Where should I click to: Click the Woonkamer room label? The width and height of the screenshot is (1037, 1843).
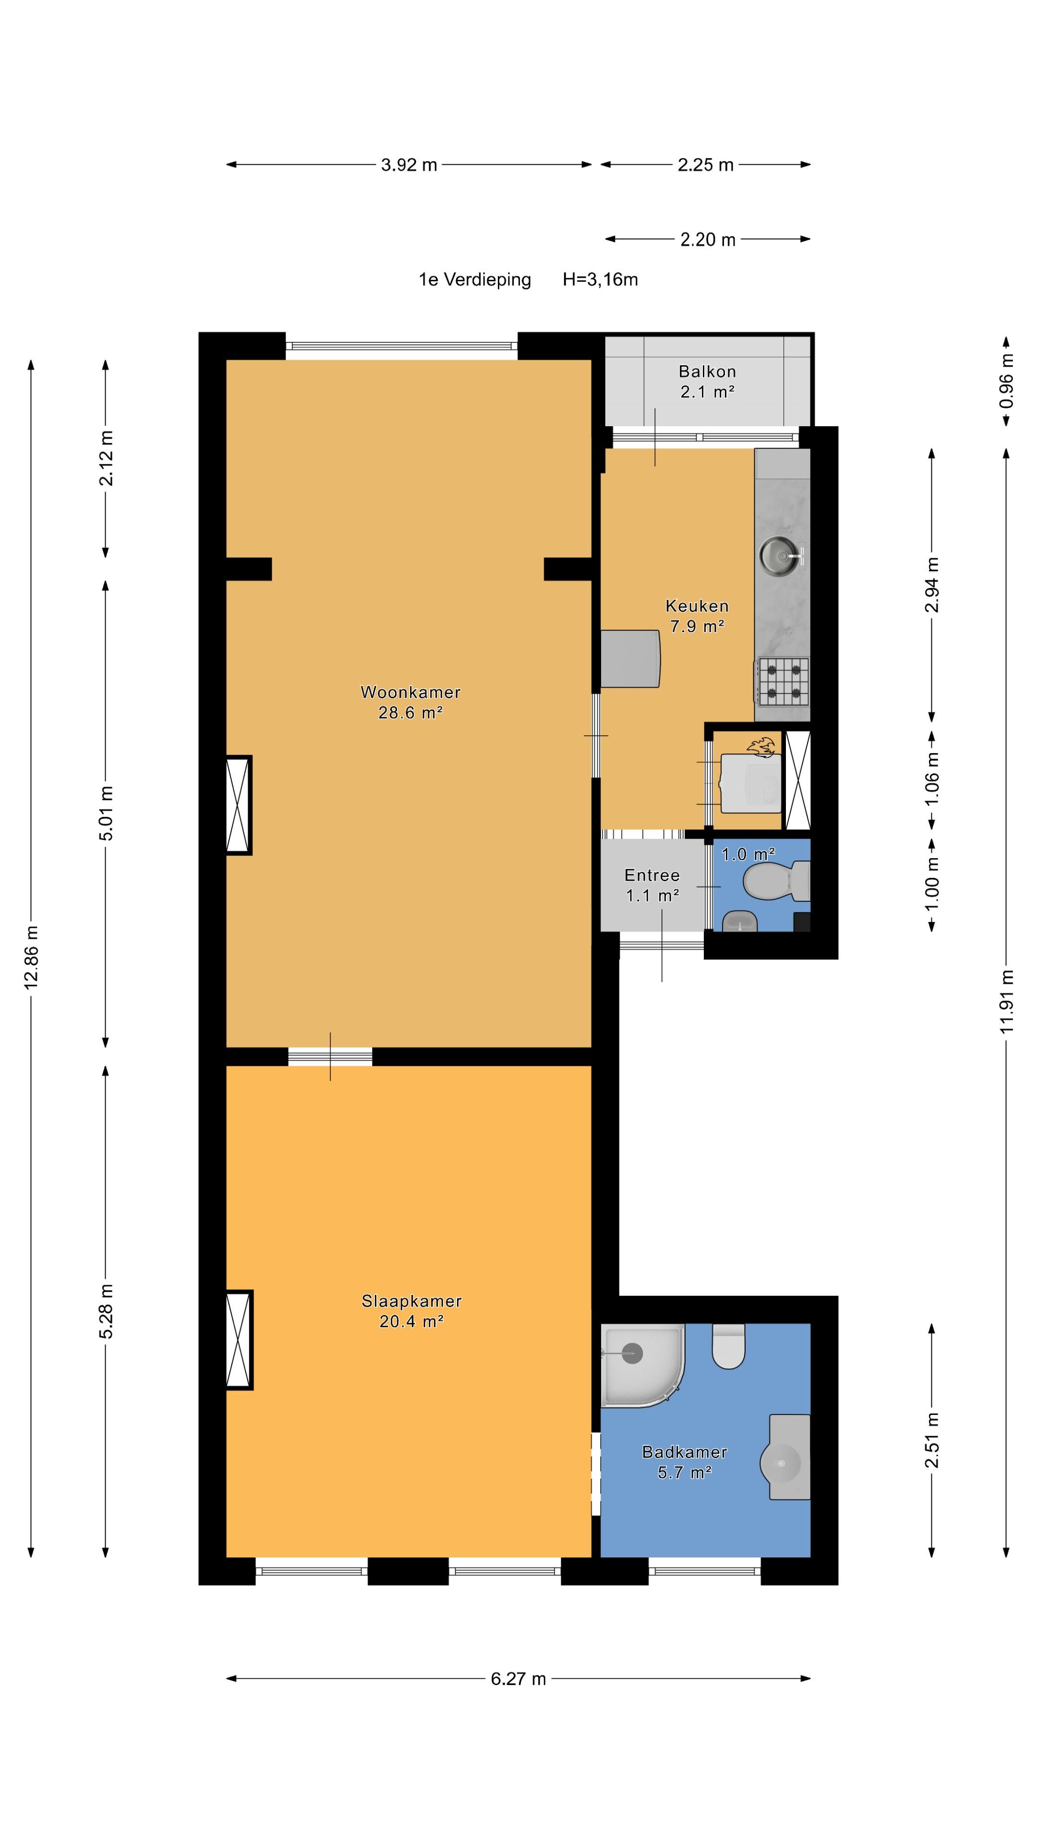[x=410, y=692]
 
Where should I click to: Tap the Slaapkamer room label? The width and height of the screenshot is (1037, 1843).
[x=411, y=1301]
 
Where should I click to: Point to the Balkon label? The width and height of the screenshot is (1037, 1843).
[x=707, y=371]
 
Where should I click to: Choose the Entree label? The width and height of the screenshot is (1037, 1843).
[x=652, y=875]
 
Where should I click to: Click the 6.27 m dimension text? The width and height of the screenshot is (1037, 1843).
[x=518, y=1678]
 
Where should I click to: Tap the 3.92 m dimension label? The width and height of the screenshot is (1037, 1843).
[x=409, y=165]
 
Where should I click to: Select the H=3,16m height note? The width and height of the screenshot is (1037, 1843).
[x=600, y=280]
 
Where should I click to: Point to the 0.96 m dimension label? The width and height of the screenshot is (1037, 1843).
[x=1006, y=382]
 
